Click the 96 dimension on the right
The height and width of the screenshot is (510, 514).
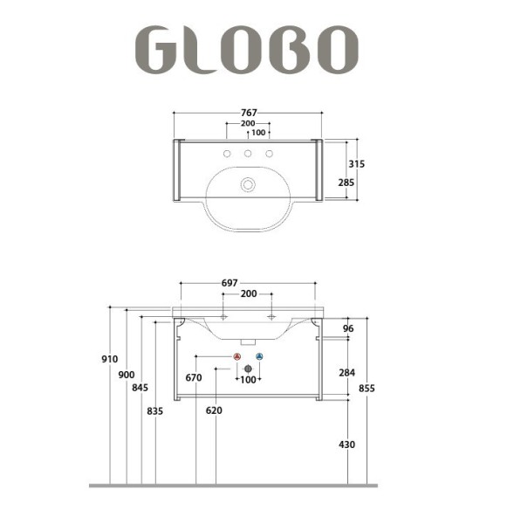coord(348,329)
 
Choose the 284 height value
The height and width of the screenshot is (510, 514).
coord(346,373)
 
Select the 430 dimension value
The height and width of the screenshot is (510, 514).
coord(346,445)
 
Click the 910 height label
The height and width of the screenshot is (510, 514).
coord(109,359)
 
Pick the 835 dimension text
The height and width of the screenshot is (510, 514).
coord(155,410)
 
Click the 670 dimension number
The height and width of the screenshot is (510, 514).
coord(194,378)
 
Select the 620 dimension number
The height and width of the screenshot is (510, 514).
coord(214,410)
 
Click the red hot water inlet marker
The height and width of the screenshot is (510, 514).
coord(237,357)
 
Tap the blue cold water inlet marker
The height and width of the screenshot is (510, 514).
coord(259,357)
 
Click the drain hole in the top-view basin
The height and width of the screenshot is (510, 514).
coord(249,184)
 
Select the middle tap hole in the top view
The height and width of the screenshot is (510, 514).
coord(249,155)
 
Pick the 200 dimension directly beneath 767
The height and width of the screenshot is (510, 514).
coord(249,124)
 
